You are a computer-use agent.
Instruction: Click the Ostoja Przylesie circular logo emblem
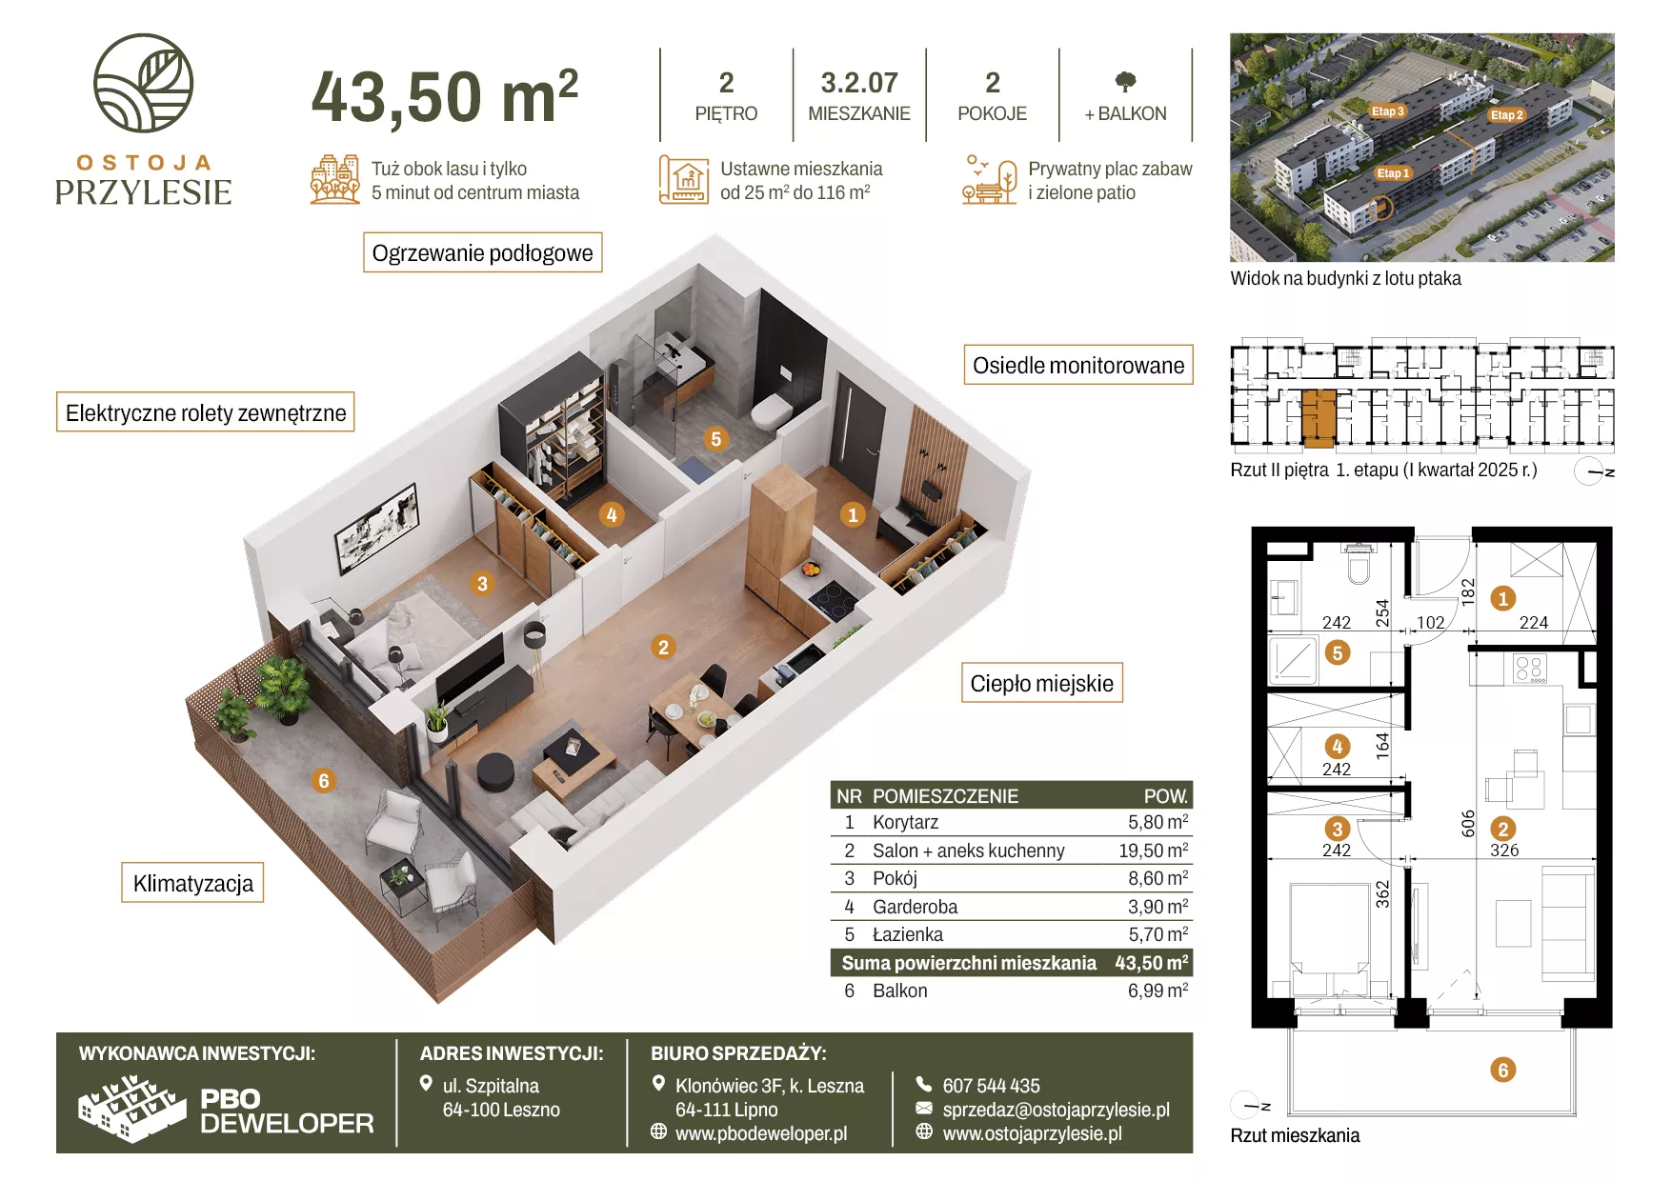pyautogui.click(x=143, y=83)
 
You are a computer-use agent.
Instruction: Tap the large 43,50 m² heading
pyautogui.click(x=445, y=96)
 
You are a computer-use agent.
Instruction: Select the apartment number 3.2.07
pyautogui.click(x=859, y=83)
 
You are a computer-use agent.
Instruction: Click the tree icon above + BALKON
pyautogui.click(x=1125, y=82)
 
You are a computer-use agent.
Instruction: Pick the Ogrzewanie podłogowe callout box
pyautogui.click(x=483, y=252)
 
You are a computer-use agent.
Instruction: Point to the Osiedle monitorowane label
pyautogui.click(x=1078, y=365)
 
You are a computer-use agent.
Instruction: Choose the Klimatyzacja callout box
pyautogui.click(x=192, y=883)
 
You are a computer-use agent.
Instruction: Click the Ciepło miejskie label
pyautogui.click(x=1041, y=683)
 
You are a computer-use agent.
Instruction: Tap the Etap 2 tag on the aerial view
pyautogui.click(x=1507, y=115)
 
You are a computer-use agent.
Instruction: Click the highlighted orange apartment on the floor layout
pyautogui.click(x=1319, y=418)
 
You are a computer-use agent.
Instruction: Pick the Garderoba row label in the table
pyautogui.click(x=915, y=907)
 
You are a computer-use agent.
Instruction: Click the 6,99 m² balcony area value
pyautogui.click(x=1158, y=991)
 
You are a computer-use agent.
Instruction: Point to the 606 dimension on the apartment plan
pyautogui.click(x=1468, y=823)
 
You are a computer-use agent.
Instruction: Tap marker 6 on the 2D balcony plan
pyautogui.click(x=1503, y=1070)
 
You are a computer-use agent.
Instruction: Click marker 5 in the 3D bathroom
pyautogui.click(x=715, y=439)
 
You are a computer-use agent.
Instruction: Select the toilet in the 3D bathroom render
pyautogui.click(x=770, y=413)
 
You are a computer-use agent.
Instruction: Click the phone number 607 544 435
pyautogui.click(x=991, y=1086)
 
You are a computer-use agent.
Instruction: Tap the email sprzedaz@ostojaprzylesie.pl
pyautogui.click(x=1056, y=1110)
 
